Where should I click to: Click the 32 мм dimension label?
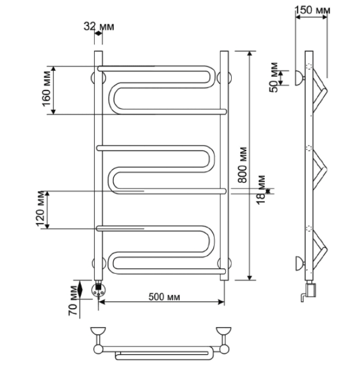pyautogui.click(x=99, y=26)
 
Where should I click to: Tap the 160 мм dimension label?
pyautogui.click(x=46, y=89)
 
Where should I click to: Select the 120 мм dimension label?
pyautogui.click(x=40, y=209)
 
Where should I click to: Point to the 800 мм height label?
pyautogui.click(x=242, y=165)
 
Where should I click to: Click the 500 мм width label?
pyautogui.click(x=164, y=297)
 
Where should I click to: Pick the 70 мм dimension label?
pyautogui.click(x=73, y=300)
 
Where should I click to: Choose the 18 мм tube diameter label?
pyautogui.click(x=261, y=190)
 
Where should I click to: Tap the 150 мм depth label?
pyautogui.click(x=313, y=10)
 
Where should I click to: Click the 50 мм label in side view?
pyautogui.click(x=274, y=77)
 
